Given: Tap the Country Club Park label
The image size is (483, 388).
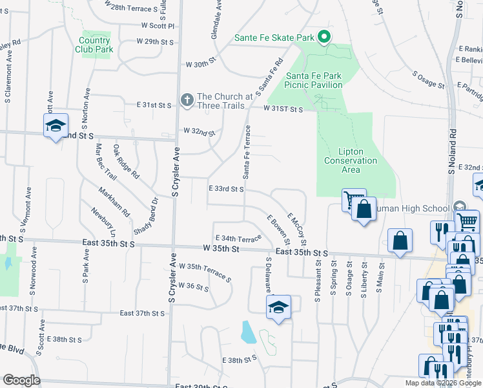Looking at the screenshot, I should coord(96,44).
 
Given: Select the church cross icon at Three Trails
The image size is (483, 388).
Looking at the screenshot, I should coord(187,100).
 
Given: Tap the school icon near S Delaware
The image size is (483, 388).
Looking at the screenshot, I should coord(278,307).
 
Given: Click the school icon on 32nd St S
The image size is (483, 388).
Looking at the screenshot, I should coord(56,125).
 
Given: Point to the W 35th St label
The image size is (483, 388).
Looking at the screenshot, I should coord(221,248).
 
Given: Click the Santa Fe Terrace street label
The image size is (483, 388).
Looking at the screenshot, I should coord(246,153).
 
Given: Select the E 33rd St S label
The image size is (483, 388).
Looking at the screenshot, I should coord(226,189).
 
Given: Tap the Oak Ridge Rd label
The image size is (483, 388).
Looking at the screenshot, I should coord(126,162).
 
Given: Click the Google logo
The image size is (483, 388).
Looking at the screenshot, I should coord(21,380).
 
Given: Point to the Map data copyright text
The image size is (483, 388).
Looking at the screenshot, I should coord(443,383).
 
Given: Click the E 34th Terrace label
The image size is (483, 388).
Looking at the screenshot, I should coord(238,238).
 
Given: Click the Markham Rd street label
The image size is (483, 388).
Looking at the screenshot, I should coord(114,202).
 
